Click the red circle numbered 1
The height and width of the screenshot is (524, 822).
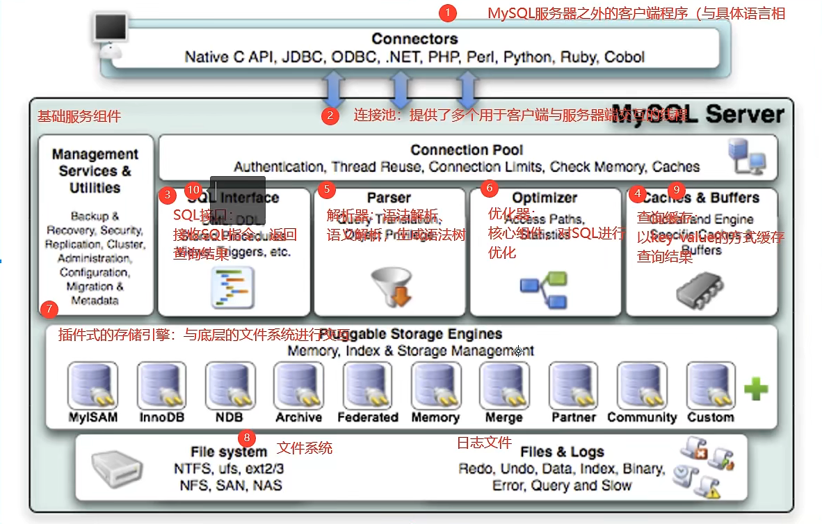coord(449,13)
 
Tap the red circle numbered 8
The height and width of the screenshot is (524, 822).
coord(246,438)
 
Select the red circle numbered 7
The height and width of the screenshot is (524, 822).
coord(48,308)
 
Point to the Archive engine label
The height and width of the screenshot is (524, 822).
coord(298,418)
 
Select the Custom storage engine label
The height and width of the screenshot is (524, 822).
coord(710,418)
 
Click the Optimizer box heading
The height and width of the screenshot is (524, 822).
coord(545,198)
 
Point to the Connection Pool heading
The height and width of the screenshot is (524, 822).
coord(467,150)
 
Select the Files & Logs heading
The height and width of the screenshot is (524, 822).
coord(562,452)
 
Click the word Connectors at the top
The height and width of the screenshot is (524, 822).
coord(414,39)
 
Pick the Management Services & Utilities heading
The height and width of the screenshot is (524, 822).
coord(95,171)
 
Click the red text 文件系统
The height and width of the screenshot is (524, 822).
coord(305,448)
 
